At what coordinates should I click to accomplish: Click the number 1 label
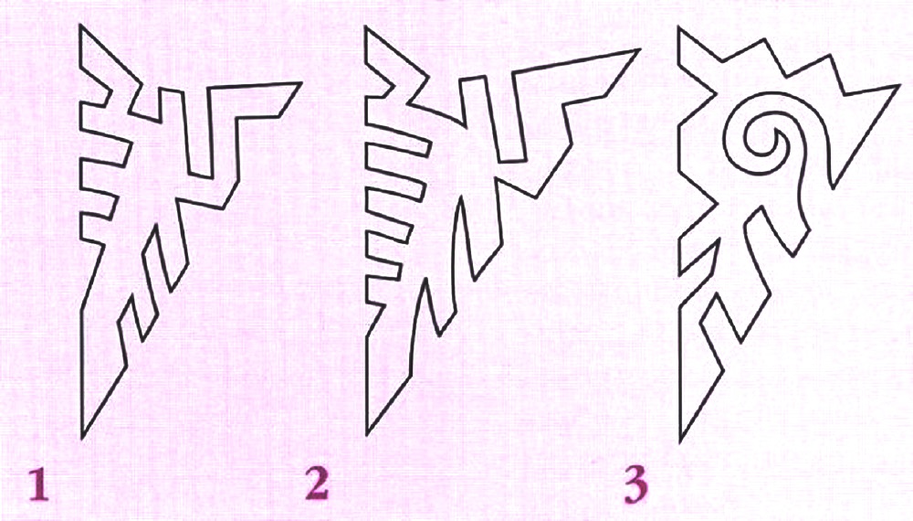coord(37,485)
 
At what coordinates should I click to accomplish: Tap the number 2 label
coord(317,484)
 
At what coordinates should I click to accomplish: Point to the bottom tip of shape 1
coord(81,438)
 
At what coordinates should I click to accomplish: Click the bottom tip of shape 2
coord(367,435)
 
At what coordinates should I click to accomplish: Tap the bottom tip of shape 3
coord(681,441)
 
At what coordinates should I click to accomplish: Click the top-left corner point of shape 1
coord(81,25)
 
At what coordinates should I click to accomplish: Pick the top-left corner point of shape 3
coord(679,29)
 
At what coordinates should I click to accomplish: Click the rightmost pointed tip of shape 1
coord(300,83)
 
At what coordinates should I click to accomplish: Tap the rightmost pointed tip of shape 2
coord(639,50)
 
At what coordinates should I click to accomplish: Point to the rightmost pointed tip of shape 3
coord(900,86)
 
